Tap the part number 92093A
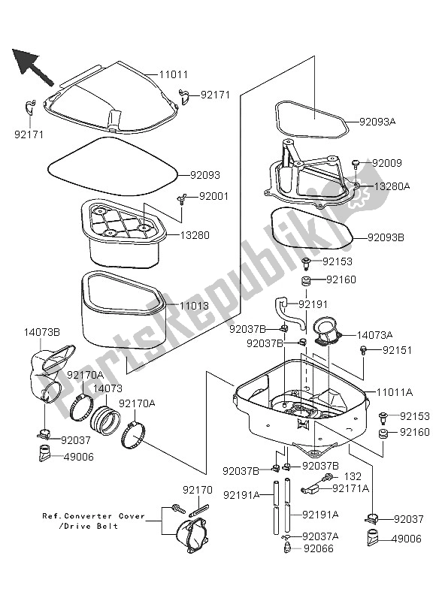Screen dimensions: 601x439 [x=378, y=120]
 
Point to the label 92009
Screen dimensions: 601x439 [x=388, y=162]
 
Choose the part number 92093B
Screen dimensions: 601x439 [x=386, y=237]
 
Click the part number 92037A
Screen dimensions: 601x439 [x=321, y=536]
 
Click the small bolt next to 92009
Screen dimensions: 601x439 [x=357, y=163]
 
